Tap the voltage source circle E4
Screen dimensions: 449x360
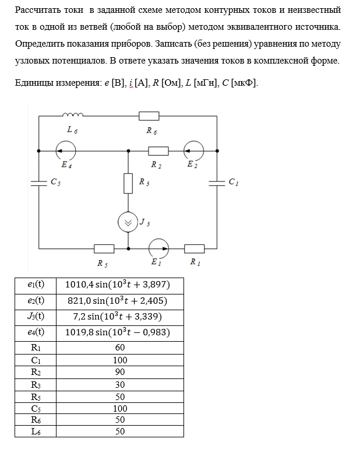(65, 151)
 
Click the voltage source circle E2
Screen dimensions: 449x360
(194, 150)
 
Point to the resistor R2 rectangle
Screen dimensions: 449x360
(158, 151)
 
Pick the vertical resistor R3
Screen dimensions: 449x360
(129, 183)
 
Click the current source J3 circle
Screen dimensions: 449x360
(129, 222)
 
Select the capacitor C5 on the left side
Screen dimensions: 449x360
(39, 183)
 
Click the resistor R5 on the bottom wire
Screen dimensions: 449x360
(104, 248)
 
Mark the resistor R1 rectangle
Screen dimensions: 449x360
(195, 248)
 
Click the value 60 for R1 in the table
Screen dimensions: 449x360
(120, 348)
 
